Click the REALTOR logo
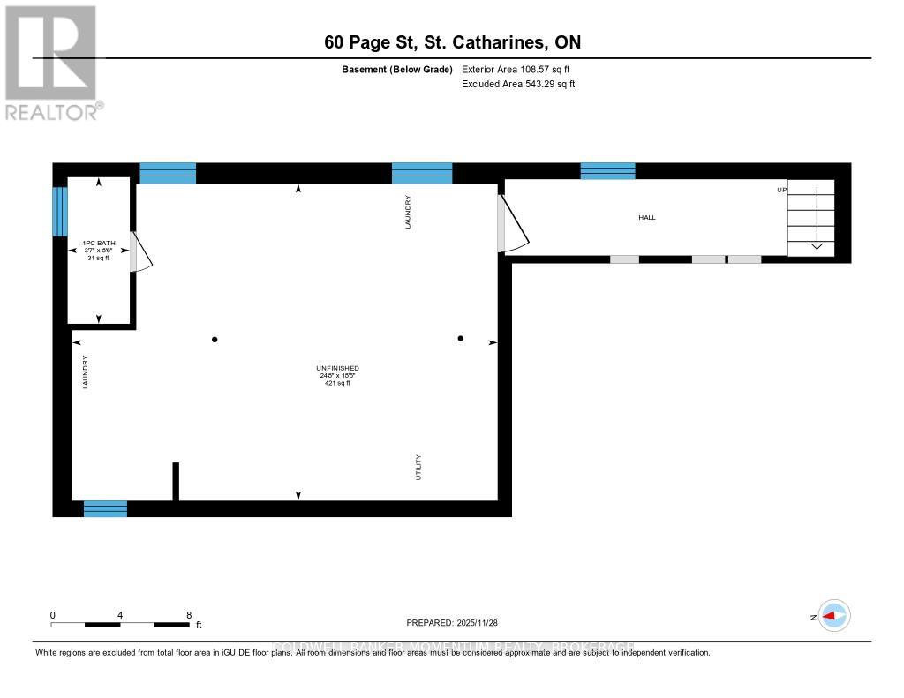(50, 62)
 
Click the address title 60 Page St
(452, 42)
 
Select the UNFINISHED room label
(337, 375)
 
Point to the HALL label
(647, 217)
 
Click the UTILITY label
(418, 467)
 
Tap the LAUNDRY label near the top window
(408, 213)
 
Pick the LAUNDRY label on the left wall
(86, 372)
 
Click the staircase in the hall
(810, 217)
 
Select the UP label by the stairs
(781, 190)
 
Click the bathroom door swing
(141, 252)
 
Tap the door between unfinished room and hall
(512, 226)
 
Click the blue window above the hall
(607, 171)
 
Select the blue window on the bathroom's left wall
(60, 212)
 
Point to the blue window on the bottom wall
(105, 508)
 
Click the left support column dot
(215, 340)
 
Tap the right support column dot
(460, 338)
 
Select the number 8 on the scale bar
(189, 614)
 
